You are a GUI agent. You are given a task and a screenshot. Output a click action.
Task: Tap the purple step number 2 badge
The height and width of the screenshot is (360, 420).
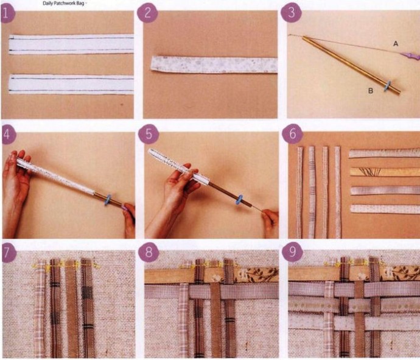(x=147, y=13)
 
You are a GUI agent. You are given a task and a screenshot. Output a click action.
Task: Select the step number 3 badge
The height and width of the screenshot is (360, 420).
(x=291, y=12)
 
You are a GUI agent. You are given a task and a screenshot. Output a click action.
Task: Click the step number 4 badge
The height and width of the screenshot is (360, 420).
(x=8, y=134)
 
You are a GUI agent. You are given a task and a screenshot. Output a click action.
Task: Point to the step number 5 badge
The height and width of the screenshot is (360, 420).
(x=149, y=134)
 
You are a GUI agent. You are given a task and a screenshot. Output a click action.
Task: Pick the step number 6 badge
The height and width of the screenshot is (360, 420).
(x=292, y=133)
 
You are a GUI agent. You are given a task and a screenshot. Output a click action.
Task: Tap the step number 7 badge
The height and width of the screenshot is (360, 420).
(x=8, y=253)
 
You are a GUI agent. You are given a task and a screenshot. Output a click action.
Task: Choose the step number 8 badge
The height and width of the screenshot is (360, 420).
(x=149, y=253)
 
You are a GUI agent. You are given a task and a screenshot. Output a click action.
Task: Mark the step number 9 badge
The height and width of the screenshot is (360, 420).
(x=293, y=252)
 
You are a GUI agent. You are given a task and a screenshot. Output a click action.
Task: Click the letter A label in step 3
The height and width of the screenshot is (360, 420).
(x=396, y=43)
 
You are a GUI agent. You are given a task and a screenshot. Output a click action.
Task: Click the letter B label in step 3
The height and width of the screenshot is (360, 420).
(x=371, y=91)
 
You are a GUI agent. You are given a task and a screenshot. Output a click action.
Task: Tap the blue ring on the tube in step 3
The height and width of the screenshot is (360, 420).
(x=387, y=86)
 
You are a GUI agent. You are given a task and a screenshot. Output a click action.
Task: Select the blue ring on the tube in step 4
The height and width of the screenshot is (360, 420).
(x=108, y=200)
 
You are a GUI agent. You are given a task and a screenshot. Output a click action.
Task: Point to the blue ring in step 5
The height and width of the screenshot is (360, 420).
(x=239, y=200)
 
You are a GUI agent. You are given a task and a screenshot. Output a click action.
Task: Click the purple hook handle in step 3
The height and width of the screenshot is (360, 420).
(x=410, y=56)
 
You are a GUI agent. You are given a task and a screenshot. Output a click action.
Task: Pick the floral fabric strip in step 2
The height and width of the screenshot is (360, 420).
(x=214, y=65)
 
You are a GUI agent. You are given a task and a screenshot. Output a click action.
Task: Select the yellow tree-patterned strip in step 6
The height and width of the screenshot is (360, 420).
(x=385, y=172)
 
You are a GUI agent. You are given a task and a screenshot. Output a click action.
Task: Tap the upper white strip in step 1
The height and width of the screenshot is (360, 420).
(x=71, y=44)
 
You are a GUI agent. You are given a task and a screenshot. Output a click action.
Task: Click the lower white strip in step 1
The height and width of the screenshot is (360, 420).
(x=71, y=85)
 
